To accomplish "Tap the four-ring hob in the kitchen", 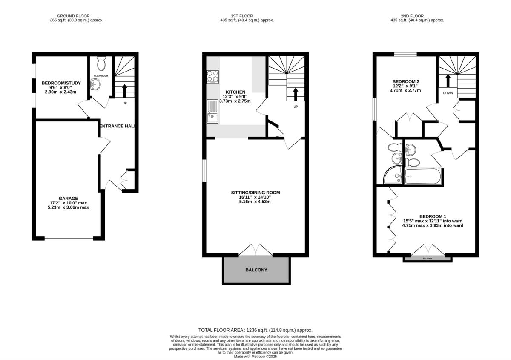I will pyautogui.click(x=212, y=77).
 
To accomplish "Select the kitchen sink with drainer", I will pyautogui.click(x=212, y=111).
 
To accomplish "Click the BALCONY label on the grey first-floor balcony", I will pyautogui.click(x=256, y=270).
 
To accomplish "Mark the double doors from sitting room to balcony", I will pyautogui.click(x=256, y=250).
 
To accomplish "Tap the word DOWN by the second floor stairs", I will pyautogui.click(x=448, y=93).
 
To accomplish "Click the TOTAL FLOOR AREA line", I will pyautogui.click(x=255, y=330).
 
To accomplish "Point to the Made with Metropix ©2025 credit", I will pyautogui.click(x=255, y=356).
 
